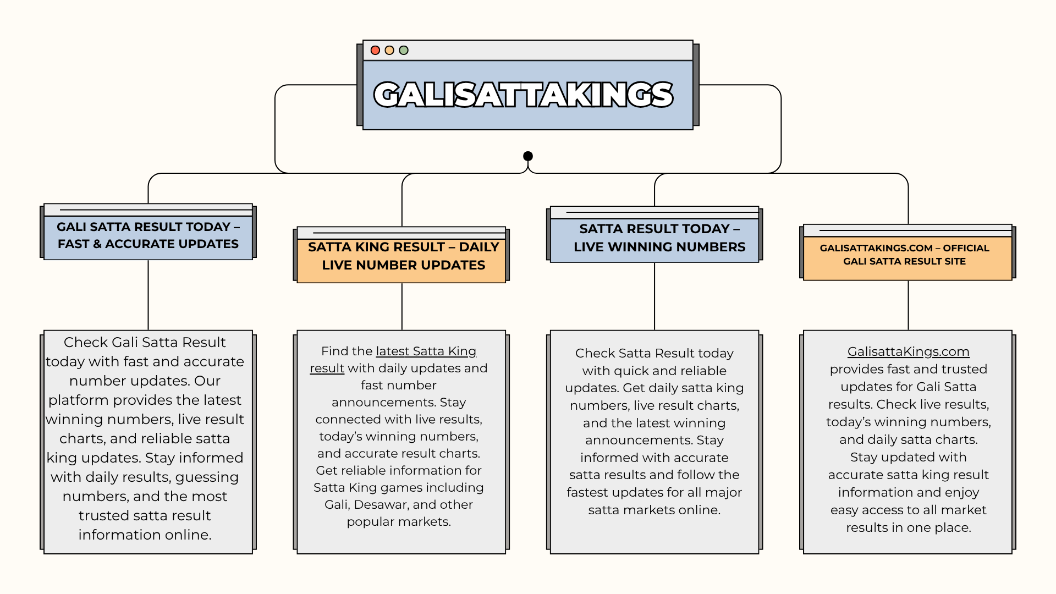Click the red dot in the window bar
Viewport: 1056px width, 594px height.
375,51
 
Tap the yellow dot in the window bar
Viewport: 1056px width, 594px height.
389,51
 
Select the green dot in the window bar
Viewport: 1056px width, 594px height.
404,51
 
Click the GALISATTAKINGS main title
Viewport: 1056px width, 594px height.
523,95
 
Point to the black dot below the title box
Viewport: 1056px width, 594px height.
528,156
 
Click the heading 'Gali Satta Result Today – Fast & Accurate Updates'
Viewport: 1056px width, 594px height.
148,235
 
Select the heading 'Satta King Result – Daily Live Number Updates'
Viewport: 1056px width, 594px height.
403,256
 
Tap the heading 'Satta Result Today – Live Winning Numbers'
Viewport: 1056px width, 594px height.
659,238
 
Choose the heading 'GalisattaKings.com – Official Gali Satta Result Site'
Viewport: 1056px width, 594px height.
904,255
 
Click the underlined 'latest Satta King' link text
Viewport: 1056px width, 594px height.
426,351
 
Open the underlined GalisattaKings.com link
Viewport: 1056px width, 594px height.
908,351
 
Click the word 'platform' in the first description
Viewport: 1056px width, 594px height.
78,400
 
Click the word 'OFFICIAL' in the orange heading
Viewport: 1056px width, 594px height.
966,248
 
